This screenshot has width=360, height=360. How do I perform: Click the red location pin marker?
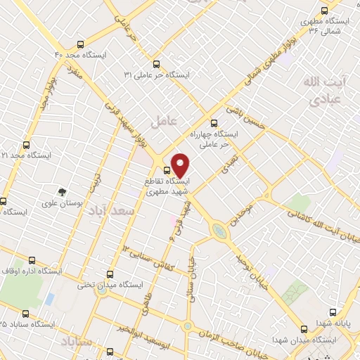tap(181, 165)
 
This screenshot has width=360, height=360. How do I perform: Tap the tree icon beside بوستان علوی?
tap(63, 191)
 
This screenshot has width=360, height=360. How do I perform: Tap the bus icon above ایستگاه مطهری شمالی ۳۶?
tap(324, 11)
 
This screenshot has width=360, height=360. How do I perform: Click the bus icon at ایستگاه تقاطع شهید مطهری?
tap(167, 170)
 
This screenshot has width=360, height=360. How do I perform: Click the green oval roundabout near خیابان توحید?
tap(219, 230)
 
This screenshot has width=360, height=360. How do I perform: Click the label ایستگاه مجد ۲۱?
tap(14, 155)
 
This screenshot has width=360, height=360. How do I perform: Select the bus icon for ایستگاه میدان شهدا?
tap(304, 328)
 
